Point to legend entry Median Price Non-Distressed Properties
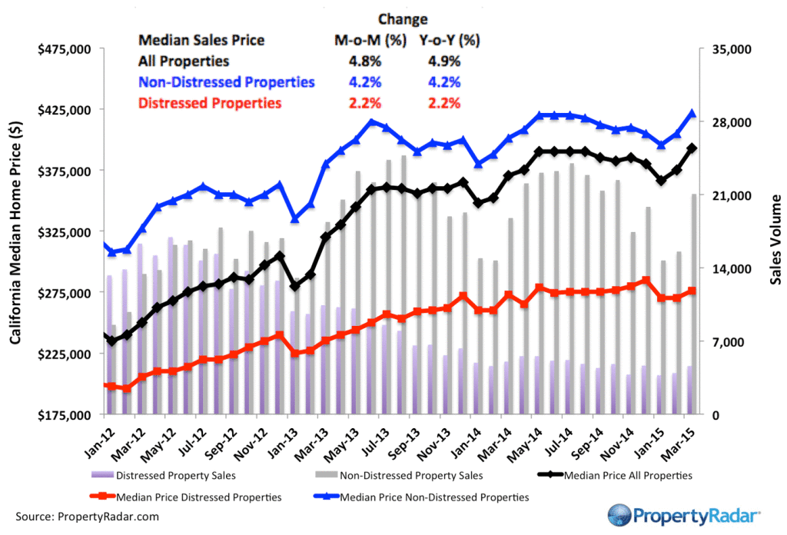(433, 497)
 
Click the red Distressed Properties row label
(209, 103)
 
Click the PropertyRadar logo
(684, 513)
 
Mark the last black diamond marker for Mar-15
(692, 148)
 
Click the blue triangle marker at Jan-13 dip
(294, 219)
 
